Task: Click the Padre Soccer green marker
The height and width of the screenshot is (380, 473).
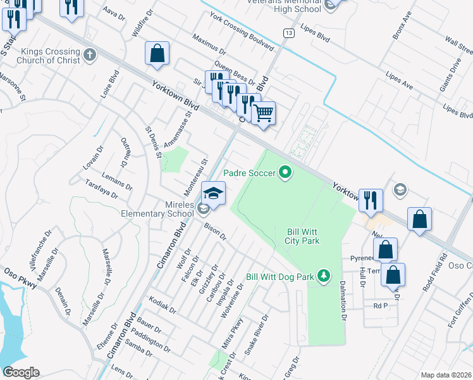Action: [285, 172]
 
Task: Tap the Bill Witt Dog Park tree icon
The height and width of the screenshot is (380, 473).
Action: [324, 275]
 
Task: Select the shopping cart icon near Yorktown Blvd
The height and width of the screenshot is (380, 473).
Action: [263, 114]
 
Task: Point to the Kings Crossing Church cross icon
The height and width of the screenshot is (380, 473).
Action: [90, 54]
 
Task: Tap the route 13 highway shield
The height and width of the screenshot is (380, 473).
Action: [288, 32]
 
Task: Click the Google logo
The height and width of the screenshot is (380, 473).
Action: [21, 372]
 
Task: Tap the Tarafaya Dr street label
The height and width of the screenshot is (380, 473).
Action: [102, 188]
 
